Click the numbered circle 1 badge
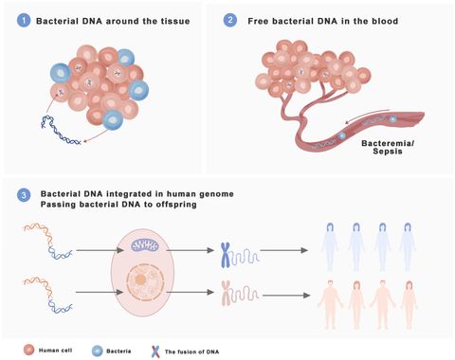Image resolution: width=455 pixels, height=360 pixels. pos(21,20)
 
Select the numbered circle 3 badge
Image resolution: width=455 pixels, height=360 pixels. pos(21,195)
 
